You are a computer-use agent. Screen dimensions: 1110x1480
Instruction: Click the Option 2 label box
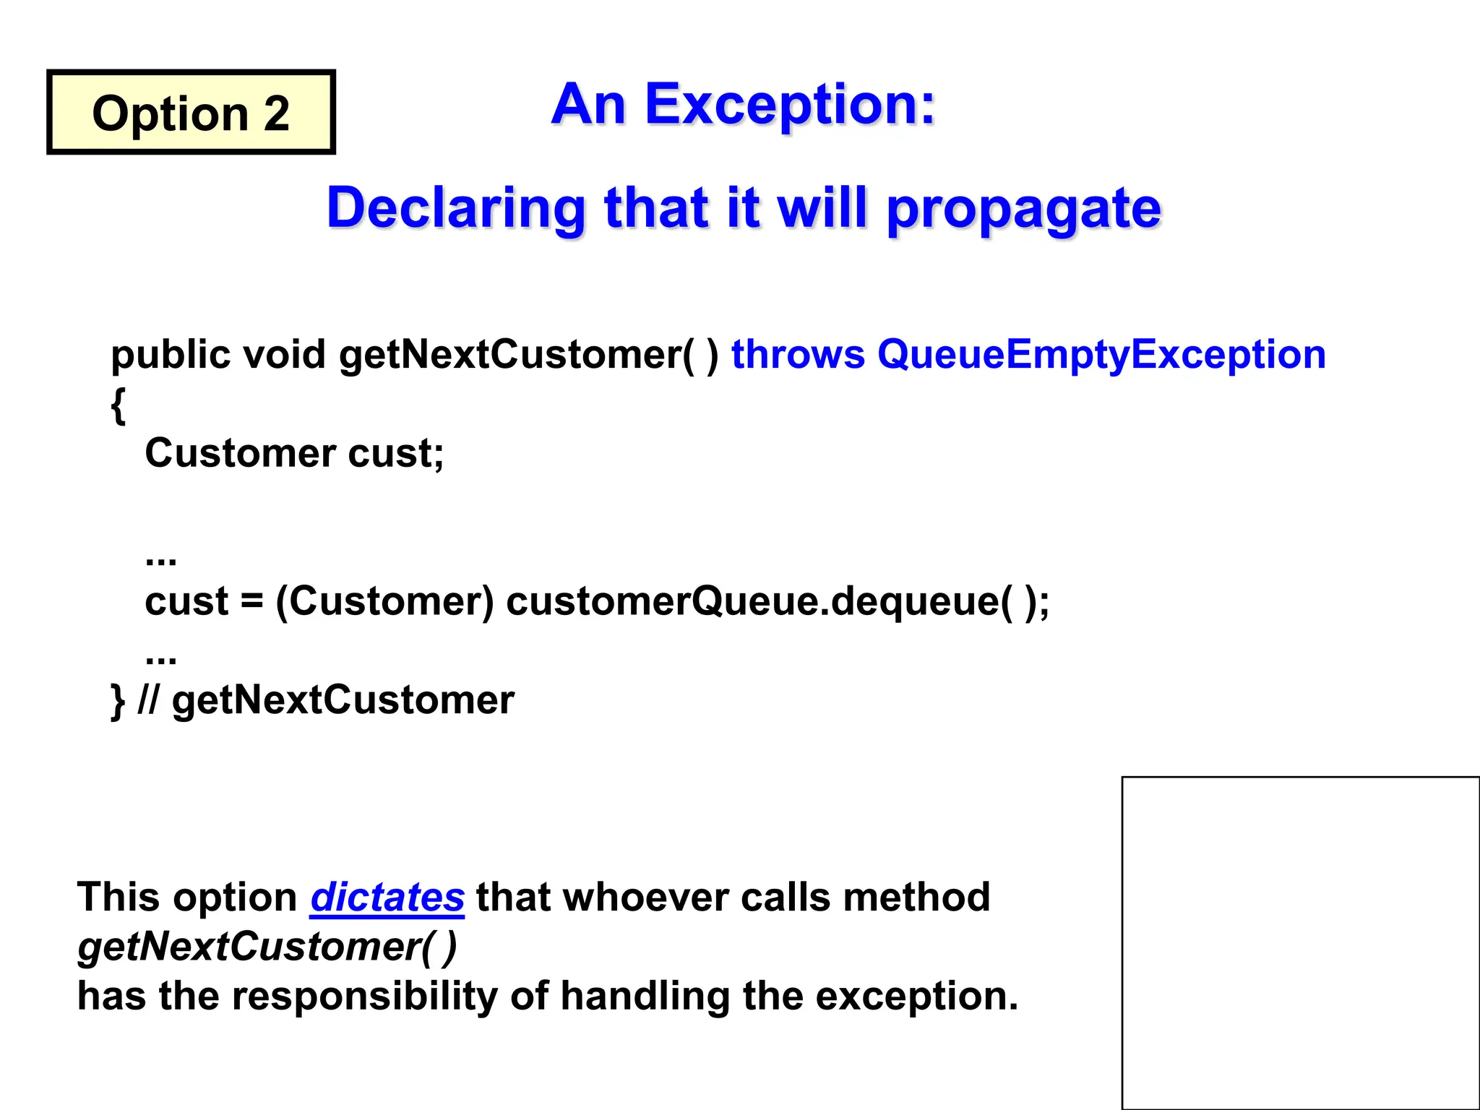coord(191,113)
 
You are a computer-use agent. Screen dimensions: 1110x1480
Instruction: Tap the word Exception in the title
coord(790,106)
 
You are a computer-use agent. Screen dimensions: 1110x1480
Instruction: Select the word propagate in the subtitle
coord(1023,210)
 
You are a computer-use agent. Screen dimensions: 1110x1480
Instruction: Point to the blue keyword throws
coord(798,355)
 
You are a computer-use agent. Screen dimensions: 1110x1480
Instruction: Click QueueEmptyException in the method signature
coord(1101,356)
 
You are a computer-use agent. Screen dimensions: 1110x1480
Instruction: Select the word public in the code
coord(171,356)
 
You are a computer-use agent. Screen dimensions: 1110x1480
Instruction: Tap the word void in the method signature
coord(284,355)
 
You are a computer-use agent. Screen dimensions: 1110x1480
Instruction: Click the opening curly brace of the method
coord(119,406)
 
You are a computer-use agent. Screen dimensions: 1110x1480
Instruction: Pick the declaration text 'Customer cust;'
coord(294,454)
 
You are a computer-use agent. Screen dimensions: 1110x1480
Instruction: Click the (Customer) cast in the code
coord(384,601)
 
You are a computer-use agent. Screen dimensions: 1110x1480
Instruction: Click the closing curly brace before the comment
coord(118,700)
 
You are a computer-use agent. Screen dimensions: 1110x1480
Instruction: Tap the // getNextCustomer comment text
coord(327,700)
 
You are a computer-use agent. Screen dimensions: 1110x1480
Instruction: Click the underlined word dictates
coord(387,898)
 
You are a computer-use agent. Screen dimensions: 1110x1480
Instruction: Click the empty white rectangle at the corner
coord(1300,942)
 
